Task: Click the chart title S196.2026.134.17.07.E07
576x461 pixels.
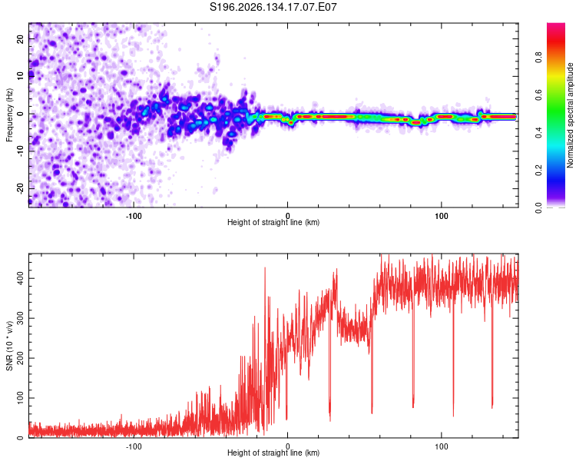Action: click(x=273, y=7)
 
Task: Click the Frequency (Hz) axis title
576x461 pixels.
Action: click(x=9, y=115)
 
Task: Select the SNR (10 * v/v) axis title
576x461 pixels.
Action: click(x=9, y=346)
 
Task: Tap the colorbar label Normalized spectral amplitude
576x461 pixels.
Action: click(x=570, y=115)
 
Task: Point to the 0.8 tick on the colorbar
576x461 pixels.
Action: click(x=538, y=58)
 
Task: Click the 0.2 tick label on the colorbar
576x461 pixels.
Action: click(x=538, y=171)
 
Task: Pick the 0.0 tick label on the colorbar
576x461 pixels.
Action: click(x=538, y=208)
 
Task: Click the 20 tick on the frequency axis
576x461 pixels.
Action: click(x=20, y=38)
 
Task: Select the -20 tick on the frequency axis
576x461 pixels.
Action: click(x=20, y=189)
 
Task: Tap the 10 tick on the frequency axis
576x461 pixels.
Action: click(x=20, y=76)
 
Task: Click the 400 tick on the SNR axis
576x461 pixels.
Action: click(x=20, y=278)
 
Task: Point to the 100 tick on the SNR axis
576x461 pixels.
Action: click(x=20, y=398)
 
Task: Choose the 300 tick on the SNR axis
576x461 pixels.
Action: click(x=20, y=318)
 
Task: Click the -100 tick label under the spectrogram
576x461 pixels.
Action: click(x=134, y=216)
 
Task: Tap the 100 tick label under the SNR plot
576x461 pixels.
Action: click(x=441, y=446)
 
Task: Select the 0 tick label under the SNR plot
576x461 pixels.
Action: click(x=288, y=446)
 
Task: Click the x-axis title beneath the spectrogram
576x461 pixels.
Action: click(x=273, y=222)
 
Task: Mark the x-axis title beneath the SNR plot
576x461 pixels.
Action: click(x=273, y=453)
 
